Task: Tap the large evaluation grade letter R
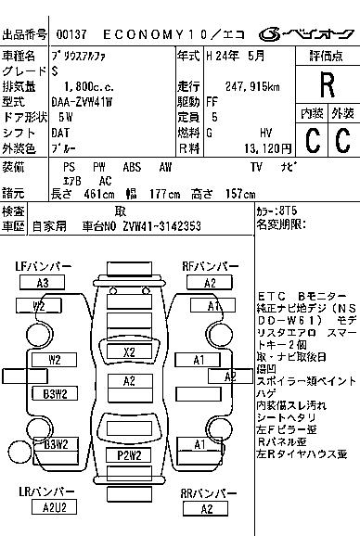coord(327,85)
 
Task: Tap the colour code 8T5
coord(290,211)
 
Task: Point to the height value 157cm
coord(238,193)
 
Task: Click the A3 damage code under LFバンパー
coord(43,283)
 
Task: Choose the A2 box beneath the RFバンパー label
coord(210,283)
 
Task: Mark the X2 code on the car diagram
coord(129,351)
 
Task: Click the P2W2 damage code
coord(129,453)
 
